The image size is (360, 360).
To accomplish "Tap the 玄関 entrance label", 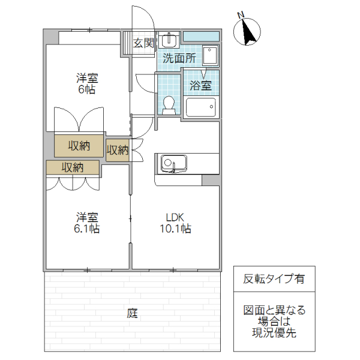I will click(144, 43).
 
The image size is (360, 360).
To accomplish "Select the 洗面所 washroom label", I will click(179, 59).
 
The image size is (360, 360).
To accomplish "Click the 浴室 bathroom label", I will click(200, 85).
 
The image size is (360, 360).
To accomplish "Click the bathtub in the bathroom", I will click(200, 108).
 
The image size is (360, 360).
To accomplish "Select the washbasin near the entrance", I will click(169, 41).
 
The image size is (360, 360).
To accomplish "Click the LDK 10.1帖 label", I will click(175, 223).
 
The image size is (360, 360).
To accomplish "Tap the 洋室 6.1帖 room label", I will click(86, 223).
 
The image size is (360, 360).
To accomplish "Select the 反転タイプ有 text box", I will click(274, 279).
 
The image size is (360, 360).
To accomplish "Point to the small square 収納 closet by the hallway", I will click(118, 149).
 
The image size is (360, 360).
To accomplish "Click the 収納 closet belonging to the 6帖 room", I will click(79, 145).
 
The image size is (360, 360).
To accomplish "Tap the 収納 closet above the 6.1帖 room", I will click(73, 167).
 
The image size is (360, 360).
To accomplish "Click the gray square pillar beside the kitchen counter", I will click(211, 181).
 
